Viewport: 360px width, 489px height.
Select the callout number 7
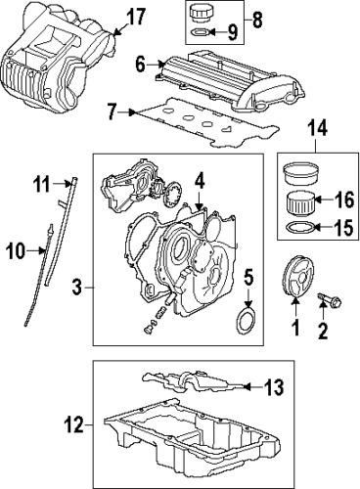(x=112, y=113)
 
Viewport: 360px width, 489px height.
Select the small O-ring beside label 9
(x=199, y=32)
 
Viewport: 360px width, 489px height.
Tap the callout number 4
(x=199, y=179)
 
